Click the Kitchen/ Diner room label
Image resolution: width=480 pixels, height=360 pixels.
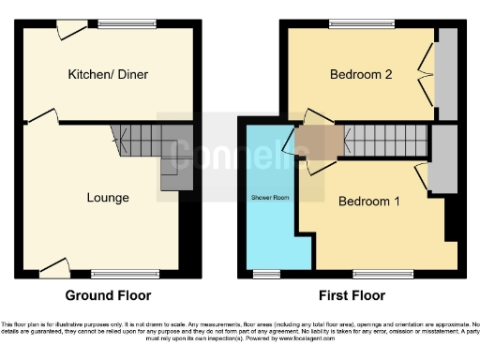tap(107, 74)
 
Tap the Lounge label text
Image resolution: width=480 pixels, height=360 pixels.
tap(108, 198)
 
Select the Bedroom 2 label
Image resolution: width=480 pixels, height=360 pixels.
tap(361, 75)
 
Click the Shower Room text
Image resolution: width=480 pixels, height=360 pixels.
tap(267, 198)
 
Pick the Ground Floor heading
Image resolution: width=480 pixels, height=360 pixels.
tap(121, 295)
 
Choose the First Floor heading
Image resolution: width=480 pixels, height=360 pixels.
tap(353, 295)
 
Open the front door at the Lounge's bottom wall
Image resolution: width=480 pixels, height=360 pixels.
tap(53, 270)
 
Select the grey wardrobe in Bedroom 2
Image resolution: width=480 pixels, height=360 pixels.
tap(447, 74)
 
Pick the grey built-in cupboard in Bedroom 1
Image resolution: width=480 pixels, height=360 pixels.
tap(443, 159)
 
